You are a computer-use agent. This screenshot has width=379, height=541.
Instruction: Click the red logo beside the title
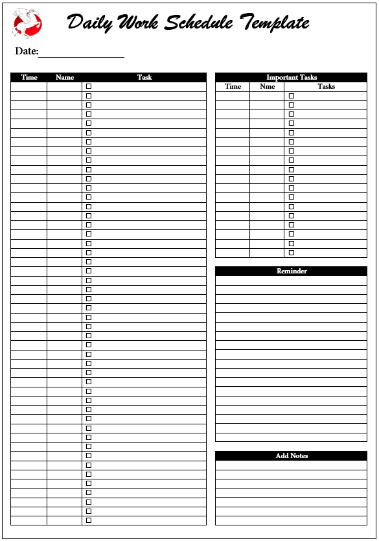27,24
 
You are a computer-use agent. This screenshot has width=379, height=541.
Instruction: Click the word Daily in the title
90,23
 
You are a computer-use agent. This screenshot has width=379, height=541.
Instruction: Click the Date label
27,51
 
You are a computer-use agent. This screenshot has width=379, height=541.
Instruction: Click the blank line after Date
81,53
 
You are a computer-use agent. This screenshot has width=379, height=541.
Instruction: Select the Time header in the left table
29,77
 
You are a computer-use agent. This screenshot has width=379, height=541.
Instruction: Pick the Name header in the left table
65,77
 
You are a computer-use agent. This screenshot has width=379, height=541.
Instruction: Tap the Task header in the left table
144,77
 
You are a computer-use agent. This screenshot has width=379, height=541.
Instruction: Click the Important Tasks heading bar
292,77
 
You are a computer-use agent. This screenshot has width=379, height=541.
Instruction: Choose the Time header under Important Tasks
233,86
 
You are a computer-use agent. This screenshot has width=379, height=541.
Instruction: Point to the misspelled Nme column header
267,86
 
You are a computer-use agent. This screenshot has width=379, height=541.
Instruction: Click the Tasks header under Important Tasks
327,86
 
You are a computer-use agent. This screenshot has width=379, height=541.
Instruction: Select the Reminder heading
292,271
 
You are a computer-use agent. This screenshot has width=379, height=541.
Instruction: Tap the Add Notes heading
292,455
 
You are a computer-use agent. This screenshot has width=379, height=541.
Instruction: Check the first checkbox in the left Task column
89,86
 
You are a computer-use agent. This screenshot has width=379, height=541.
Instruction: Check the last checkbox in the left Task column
89,520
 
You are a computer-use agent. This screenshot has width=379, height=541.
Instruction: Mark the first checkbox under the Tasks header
292,95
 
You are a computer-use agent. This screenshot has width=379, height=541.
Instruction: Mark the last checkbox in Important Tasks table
292,253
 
